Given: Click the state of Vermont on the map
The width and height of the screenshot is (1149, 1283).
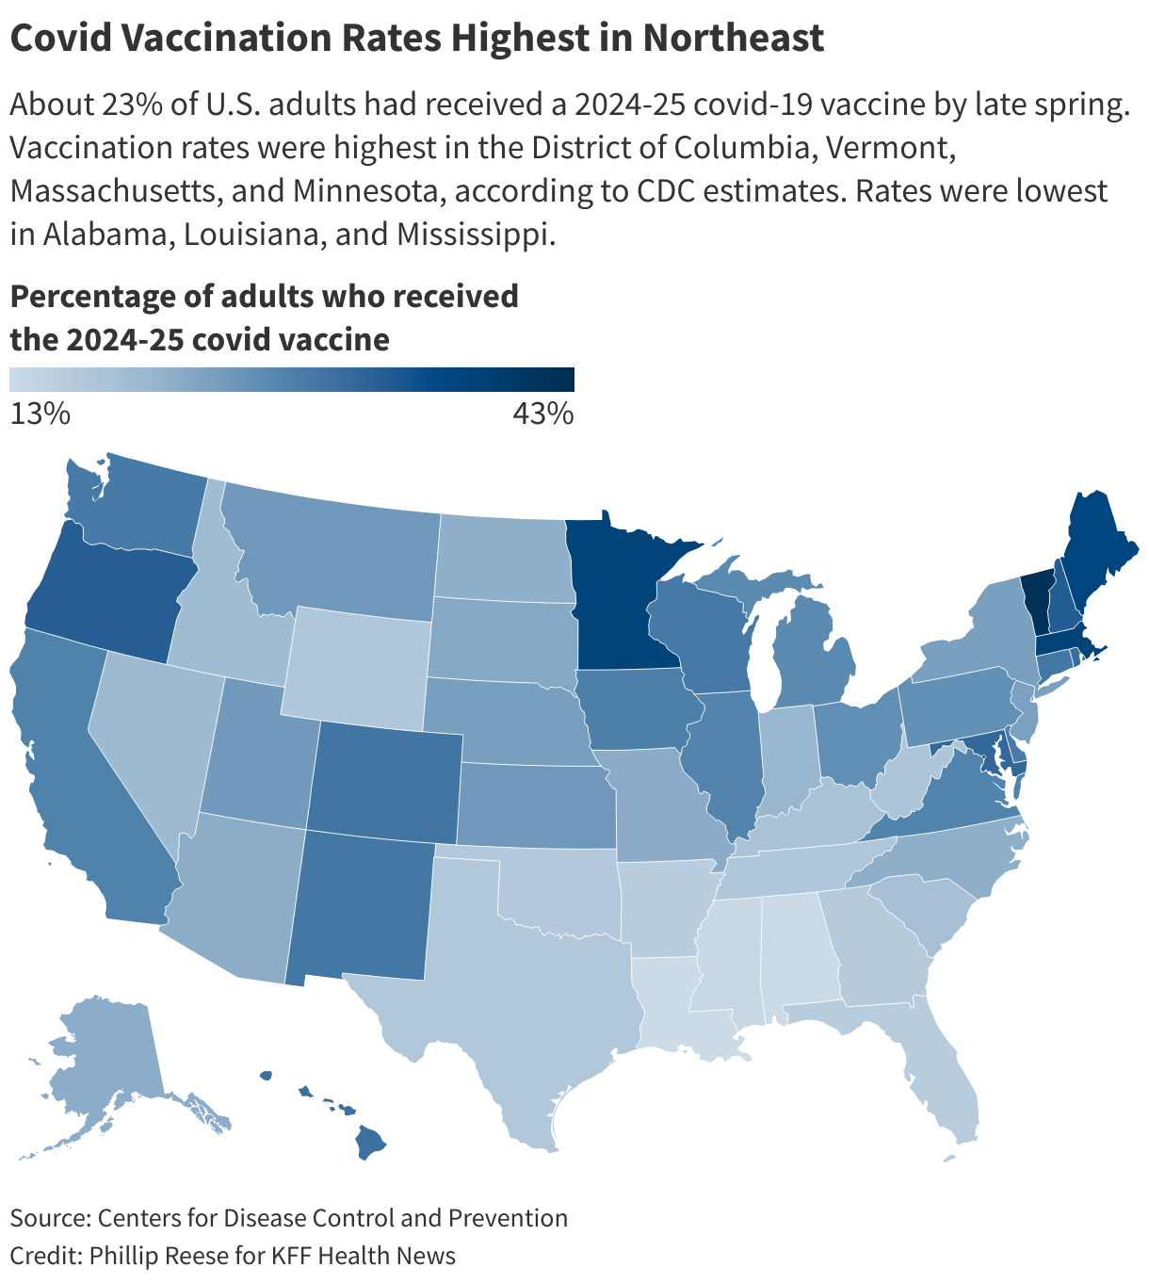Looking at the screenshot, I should (1036, 603).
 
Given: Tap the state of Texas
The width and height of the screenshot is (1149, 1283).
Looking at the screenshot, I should (527, 989).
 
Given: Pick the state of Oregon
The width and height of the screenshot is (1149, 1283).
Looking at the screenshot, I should (104, 593).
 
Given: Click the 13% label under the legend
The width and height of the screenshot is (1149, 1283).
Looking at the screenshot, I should (40, 414).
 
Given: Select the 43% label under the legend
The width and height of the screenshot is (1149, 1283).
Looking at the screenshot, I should (543, 414).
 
